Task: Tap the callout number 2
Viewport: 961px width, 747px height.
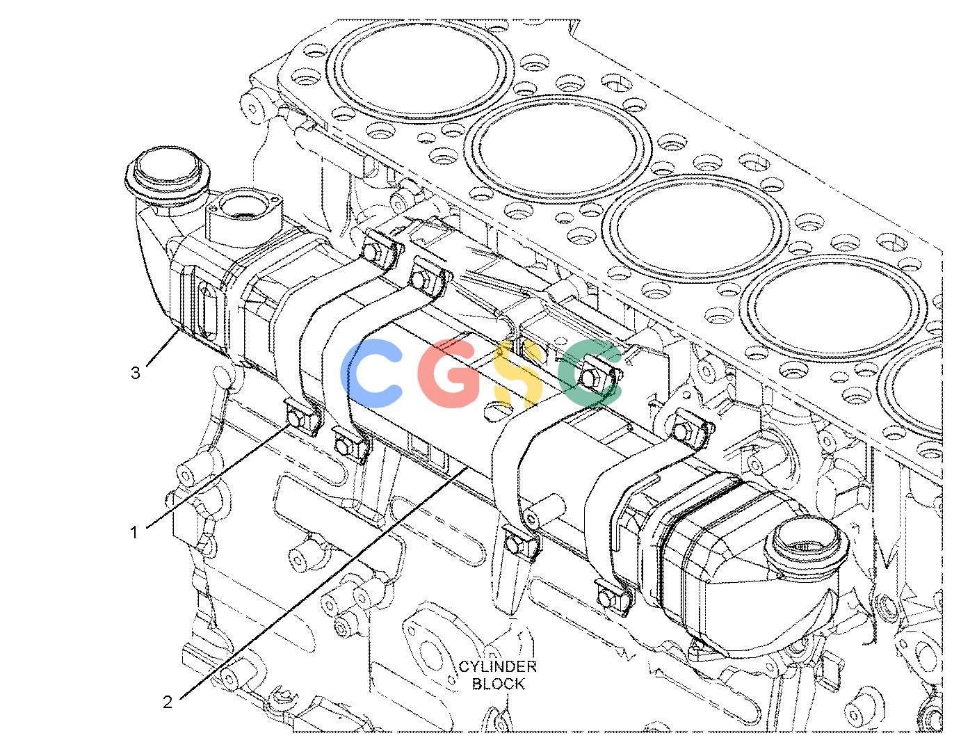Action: click(167, 702)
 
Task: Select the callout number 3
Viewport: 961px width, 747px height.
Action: click(136, 373)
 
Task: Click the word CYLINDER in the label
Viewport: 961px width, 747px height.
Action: click(497, 666)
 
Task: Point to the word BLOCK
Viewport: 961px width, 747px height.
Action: click(499, 684)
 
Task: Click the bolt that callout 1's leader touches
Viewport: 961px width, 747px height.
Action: click(295, 417)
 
